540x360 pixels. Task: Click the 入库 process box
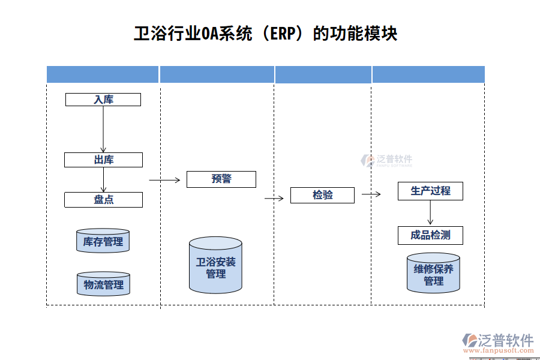coord(103,100)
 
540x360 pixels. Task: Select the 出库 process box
coord(103,160)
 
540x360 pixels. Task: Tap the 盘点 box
coord(103,200)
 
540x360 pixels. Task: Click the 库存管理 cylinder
coord(103,241)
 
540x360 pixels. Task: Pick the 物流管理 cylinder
coord(103,284)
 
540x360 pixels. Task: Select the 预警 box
coord(221,179)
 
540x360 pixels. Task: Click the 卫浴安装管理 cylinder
coord(215,266)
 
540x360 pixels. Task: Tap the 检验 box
coord(322,195)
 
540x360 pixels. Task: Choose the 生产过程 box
coord(430,191)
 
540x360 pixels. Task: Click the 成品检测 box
coord(430,235)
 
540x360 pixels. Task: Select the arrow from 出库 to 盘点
coord(103,180)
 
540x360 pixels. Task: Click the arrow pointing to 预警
coord(164,179)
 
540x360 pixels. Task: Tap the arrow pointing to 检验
coord(274,198)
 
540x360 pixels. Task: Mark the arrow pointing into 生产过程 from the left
coord(371,194)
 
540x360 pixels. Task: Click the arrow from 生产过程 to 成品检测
coord(430,213)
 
